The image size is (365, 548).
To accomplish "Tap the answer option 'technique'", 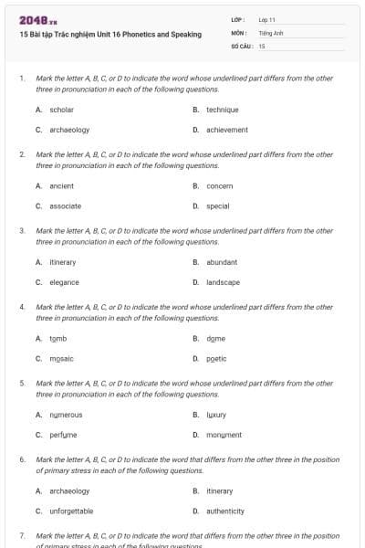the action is click(x=222, y=110).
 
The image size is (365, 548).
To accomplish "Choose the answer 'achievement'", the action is click(x=226, y=130).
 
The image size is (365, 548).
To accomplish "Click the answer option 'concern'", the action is click(x=219, y=186).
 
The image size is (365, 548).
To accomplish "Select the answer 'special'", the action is click(x=217, y=206).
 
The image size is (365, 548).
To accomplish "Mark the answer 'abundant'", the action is click(x=222, y=262).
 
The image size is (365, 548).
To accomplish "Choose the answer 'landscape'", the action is click(x=223, y=282).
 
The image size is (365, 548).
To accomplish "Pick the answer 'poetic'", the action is click(x=216, y=359).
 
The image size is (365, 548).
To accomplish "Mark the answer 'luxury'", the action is click(x=216, y=415).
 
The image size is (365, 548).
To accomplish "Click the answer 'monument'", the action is click(x=224, y=435).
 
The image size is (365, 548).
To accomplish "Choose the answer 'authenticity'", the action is click(x=225, y=511).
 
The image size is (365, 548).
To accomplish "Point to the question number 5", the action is click(x=22, y=385).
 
